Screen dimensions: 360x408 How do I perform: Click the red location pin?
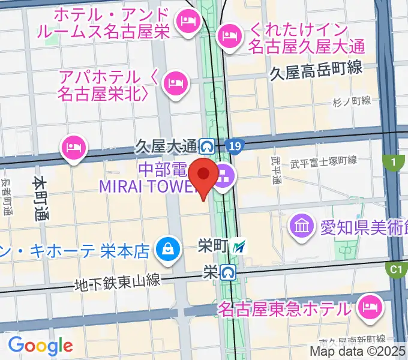coord(204,176)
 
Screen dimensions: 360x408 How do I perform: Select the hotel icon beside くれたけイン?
coord(229,35)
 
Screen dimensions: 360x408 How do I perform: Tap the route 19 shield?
coord(236,146)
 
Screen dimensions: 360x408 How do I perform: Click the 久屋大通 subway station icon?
coord(208,146)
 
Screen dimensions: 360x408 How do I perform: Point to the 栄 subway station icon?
coord(227,272)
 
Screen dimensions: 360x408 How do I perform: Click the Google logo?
coord(40,345)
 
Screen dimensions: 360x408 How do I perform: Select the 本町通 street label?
coord(40,198)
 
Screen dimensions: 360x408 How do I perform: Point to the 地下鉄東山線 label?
coord(118,281)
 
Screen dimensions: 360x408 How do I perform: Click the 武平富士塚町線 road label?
coord(323,161)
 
